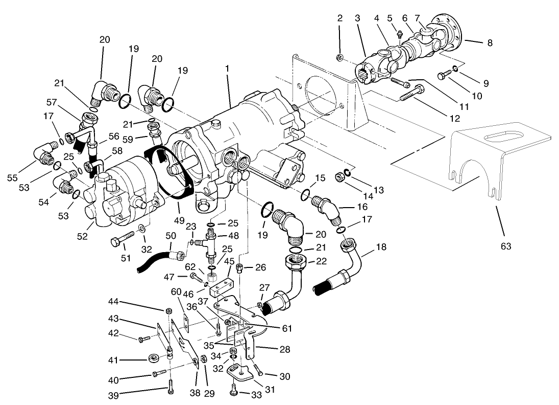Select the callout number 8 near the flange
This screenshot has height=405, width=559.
(x=490, y=43)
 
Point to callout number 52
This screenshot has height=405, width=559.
(x=82, y=236)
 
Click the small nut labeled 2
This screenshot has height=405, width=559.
(x=339, y=57)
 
